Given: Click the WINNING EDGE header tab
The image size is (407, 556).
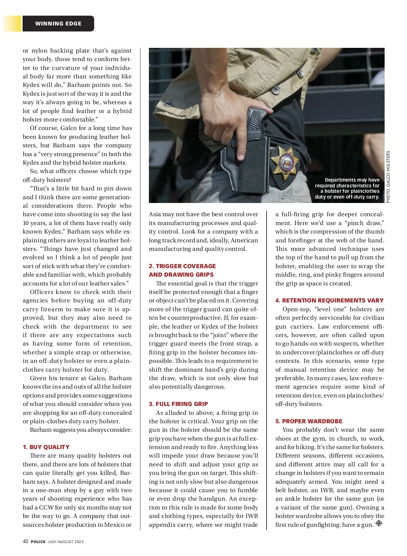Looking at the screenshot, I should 58,24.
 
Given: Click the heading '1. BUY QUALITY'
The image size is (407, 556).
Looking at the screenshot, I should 46,447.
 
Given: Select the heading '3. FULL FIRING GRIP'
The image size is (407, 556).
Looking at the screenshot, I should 178,404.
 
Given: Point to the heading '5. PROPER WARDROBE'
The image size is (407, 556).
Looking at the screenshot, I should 309,421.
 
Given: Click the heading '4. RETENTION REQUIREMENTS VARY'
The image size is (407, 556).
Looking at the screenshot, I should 329,300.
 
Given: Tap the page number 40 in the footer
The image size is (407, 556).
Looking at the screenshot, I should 25,541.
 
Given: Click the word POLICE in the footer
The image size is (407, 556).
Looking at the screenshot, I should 38,542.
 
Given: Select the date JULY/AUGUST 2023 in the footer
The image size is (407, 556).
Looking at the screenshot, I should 66,542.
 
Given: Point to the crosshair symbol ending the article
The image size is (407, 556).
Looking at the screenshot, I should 379,523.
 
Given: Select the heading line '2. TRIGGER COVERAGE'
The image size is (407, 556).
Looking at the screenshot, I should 182,266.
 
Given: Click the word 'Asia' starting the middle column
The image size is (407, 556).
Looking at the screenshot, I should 155,215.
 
